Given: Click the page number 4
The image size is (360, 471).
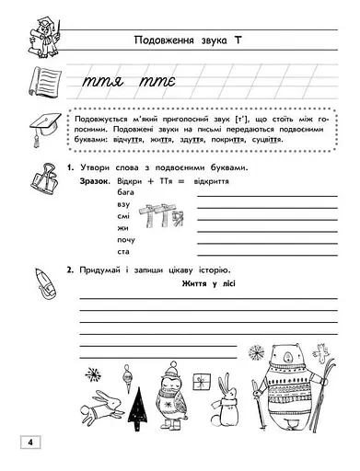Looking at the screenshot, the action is click(x=29, y=444).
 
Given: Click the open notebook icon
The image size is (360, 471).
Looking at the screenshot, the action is click(x=38, y=84).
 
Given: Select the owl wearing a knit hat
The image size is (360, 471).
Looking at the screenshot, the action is click(x=169, y=387).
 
